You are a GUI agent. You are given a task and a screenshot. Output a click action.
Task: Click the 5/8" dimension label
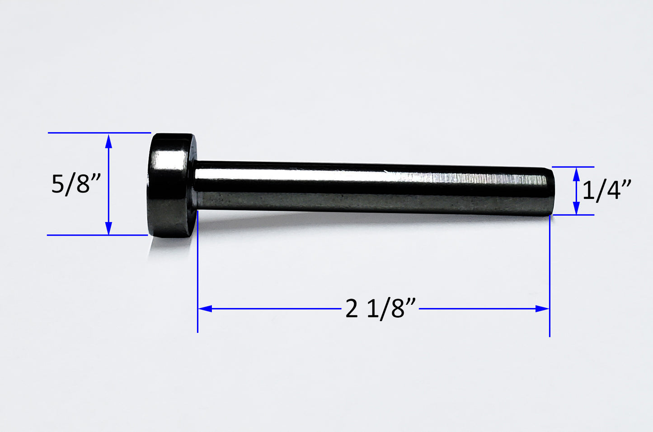(76, 184)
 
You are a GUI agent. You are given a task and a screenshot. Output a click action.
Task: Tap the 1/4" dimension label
(606, 190)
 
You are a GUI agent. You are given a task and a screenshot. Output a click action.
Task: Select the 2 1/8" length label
(380, 309)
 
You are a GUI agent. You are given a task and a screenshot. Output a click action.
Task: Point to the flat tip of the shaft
(551, 190)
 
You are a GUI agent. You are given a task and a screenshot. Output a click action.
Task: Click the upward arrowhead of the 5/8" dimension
(108, 141)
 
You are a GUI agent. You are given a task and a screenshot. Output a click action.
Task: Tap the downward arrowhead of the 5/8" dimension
(108, 228)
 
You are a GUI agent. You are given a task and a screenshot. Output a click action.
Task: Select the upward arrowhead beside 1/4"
(576, 174)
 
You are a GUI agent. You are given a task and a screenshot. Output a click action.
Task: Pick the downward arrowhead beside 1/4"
(576, 209)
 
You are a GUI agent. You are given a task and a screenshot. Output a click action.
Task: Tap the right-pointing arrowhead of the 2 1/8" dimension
(542, 309)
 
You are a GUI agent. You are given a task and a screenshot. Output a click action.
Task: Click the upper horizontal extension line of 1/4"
(573, 167)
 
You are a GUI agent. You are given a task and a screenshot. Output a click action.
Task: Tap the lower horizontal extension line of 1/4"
(573, 215)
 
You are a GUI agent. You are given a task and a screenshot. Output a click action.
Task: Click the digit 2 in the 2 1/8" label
(352, 309)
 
